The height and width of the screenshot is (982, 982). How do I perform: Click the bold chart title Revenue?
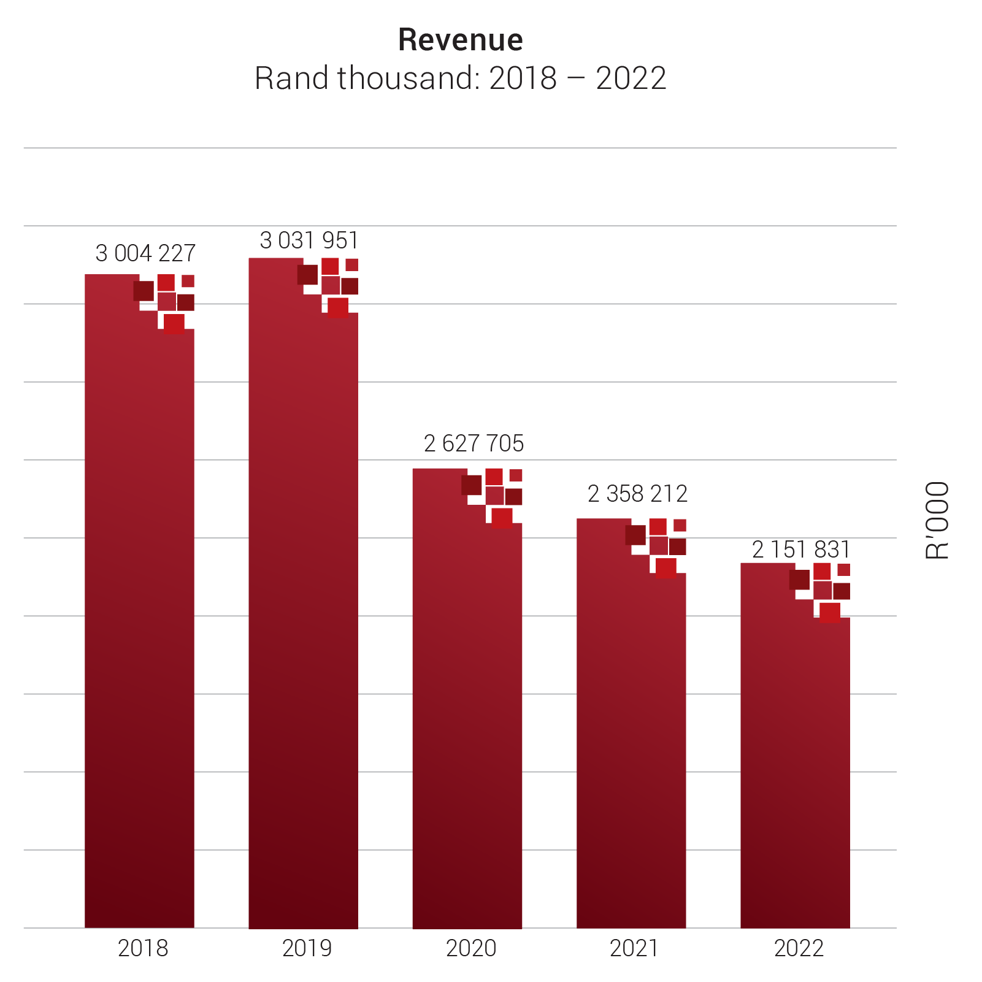pos(460,40)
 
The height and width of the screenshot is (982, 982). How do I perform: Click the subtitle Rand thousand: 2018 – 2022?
pos(460,79)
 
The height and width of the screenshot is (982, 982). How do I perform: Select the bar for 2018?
pos(139,613)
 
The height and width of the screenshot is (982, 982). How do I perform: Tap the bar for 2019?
pos(303,613)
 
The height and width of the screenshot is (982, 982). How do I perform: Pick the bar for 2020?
pos(467,705)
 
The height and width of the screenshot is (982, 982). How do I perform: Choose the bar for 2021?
pos(631,736)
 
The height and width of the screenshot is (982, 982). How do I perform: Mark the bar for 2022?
pos(795,767)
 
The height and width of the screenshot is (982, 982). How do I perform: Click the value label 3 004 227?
pos(145,253)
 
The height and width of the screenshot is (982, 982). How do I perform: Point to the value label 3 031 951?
pos(309,240)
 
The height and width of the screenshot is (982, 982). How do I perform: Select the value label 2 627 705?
pos(474,443)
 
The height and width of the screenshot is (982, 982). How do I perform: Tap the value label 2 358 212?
pos(637,494)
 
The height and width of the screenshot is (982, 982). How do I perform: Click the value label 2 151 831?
pos(801,550)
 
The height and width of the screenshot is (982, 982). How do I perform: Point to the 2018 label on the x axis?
pos(143,948)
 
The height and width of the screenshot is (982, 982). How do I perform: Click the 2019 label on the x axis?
pos(307,948)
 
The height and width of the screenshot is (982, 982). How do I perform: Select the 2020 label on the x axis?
pos(471,948)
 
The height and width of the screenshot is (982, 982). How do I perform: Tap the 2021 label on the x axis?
pos(634,948)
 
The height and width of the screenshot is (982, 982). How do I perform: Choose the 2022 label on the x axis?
pos(799,948)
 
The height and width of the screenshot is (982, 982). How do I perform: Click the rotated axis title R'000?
pos(937,520)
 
